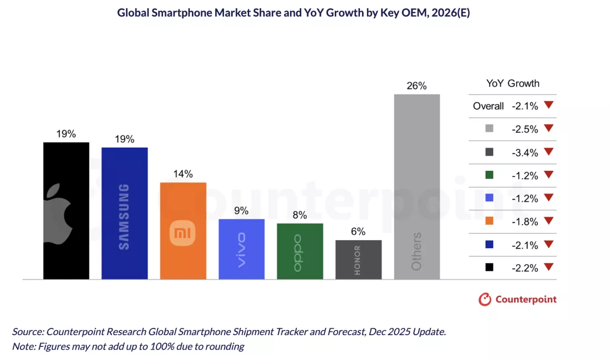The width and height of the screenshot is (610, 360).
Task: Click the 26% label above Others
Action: (417, 86)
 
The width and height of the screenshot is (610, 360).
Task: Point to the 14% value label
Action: (183, 174)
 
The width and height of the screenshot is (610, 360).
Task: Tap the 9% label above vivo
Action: (241, 211)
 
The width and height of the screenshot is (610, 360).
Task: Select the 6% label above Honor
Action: (358, 232)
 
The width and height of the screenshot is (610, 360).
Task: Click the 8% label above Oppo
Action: (300, 215)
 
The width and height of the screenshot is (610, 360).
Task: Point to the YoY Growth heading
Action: (512, 84)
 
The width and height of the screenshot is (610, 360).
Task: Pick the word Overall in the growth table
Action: (488, 106)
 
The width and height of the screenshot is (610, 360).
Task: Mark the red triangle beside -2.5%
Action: (549, 128)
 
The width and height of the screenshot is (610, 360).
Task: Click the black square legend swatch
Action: (489, 267)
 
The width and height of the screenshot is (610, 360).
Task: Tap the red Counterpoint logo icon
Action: (485, 300)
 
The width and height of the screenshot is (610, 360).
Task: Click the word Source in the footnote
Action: (27, 332)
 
